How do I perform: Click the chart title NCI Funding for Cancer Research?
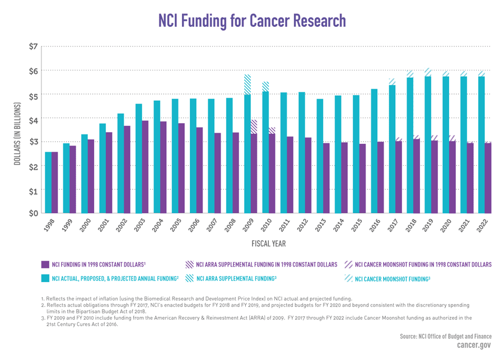(x=252, y=21)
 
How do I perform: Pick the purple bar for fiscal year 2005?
(x=181, y=168)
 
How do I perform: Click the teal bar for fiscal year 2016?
(x=374, y=151)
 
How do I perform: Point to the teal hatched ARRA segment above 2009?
(x=247, y=85)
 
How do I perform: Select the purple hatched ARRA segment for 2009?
(x=254, y=127)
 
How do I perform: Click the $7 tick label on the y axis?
(x=33, y=46)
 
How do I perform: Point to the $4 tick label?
(x=33, y=119)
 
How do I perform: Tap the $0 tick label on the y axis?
(x=33, y=213)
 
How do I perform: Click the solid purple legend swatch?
(x=45, y=264)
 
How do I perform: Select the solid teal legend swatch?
(x=45, y=278)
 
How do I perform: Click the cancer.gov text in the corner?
(x=476, y=346)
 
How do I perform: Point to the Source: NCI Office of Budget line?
(x=446, y=336)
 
